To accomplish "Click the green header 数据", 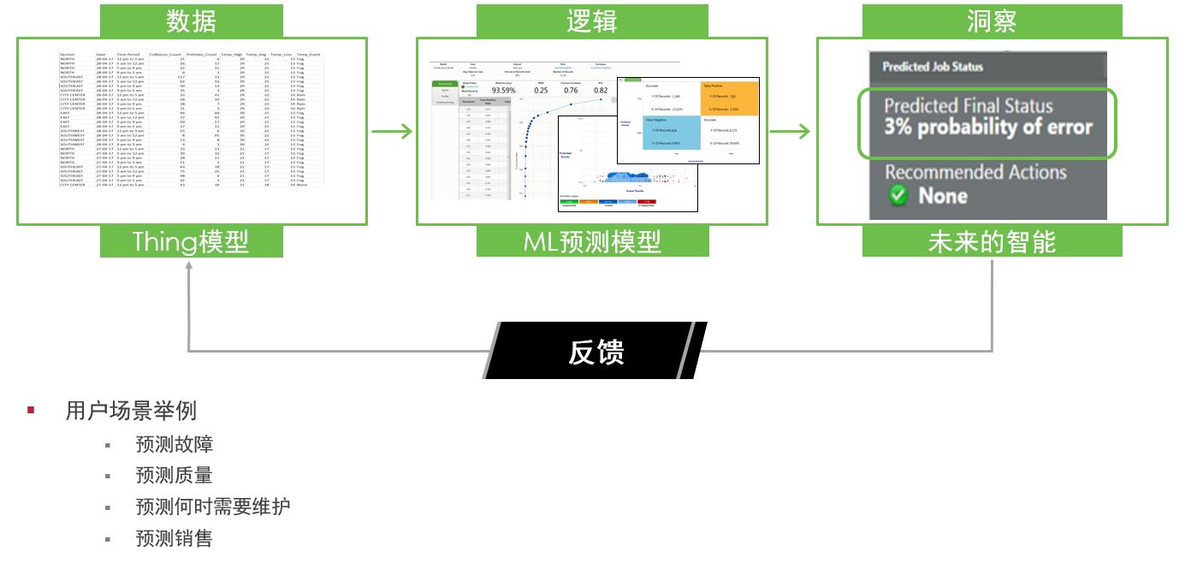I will tap(191, 21).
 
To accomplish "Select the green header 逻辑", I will tap(592, 21).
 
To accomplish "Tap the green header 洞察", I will tap(992, 21).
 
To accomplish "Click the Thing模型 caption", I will tap(191, 242).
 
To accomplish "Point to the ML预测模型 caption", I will tap(592, 242).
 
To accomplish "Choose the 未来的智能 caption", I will tap(992, 242).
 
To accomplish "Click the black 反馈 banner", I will tap(596, 351).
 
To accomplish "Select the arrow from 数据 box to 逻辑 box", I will tap(392, 132).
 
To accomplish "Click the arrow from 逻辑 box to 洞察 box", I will tap(790, 132).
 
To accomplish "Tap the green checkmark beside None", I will tap(898, 195).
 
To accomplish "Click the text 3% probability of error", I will tap(988, 128).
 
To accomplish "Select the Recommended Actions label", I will tap(975, 172).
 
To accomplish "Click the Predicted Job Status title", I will tap(933, 67).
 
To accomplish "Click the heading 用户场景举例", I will tap(131, 411).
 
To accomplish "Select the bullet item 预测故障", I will tap(174, 444).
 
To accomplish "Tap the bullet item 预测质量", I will tap(174, 475).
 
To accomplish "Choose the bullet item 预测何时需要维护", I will tap(212, 506).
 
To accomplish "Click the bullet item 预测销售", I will tap(174, 537).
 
